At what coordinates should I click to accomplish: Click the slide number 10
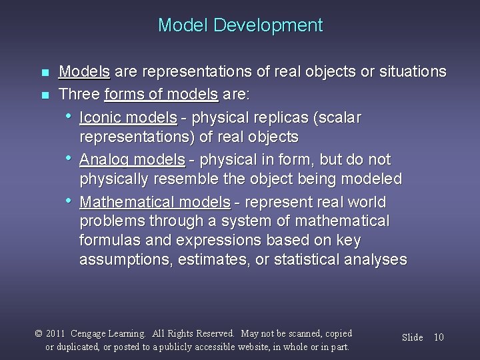(439, 337)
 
